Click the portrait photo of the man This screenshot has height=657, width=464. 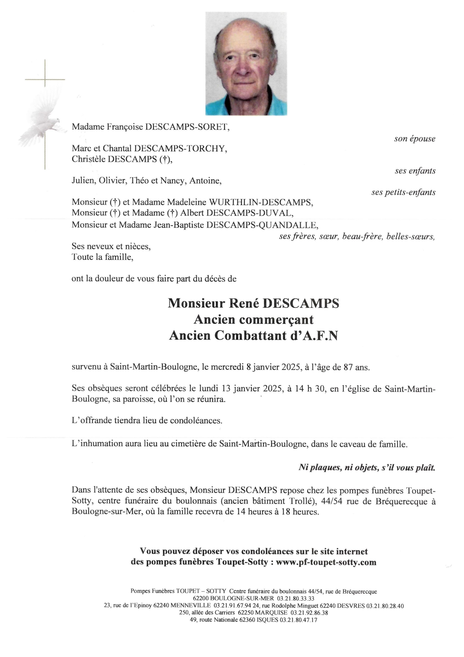click(246, 63)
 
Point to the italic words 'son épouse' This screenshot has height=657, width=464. click(415, 139)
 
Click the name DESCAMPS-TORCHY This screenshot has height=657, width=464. click(181, 149)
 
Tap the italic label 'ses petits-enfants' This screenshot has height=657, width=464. click(403, 192)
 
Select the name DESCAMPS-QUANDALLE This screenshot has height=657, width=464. click(262, 225)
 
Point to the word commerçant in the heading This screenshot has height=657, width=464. click(276, 320)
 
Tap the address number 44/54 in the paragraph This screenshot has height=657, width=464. click(331, 501)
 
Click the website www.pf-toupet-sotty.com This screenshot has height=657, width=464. click(326, 562)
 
